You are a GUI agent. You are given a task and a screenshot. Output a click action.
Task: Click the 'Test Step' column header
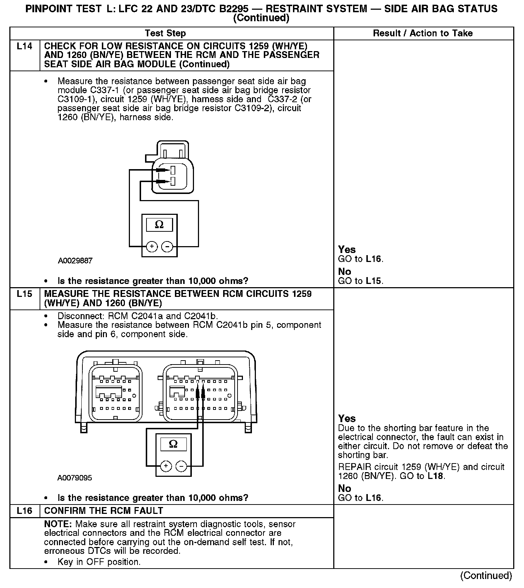pyautogui.click(x=165, y=33)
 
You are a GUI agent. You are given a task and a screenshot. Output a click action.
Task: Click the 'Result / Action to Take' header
pyautogui.click(x=423, y=33)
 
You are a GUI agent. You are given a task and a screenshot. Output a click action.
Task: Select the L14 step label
pyautogui.click(x=24, y=46)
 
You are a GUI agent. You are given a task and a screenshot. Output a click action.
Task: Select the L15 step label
pyautogui.click(x=24, y=294)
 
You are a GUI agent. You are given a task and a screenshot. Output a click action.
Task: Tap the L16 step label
pyautogui.click(x=24, y=511)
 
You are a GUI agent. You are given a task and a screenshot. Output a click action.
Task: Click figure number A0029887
pyautogui.click(x=75, y=261)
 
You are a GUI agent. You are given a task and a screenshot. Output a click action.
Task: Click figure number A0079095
pyautogui.click(x=74, y=478)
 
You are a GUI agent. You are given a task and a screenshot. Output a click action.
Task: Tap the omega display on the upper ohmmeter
pyautogui.click(x=159, y=225)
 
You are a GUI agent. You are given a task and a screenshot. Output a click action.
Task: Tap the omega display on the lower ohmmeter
pyautogui.click(x=173, y=444)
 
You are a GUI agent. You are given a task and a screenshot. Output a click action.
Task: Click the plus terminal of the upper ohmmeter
pyautogui.click(x=152, y=246)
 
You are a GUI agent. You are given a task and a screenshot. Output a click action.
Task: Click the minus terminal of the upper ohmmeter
pyautogui.click(x=167, y=246)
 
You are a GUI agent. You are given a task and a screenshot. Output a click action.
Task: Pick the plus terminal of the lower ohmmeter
pyautogui.click(x=166, y=466)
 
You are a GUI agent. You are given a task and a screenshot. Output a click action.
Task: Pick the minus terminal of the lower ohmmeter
pyautogui.click(x=181, y=466)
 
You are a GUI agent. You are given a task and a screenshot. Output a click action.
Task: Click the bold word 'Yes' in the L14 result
pyautogui.click(x=347, y=249)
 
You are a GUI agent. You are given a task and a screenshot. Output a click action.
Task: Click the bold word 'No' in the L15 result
pyautogui.click(x=344, y=488)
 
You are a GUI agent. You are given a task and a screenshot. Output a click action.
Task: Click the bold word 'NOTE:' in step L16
pyautogui.click(x=58, y=524)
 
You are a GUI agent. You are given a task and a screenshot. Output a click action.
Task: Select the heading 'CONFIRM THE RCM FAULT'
pyautogui.click(x=104, y=511)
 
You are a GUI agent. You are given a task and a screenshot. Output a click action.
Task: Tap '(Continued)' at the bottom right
pyautogui.click(x=486, y=575)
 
